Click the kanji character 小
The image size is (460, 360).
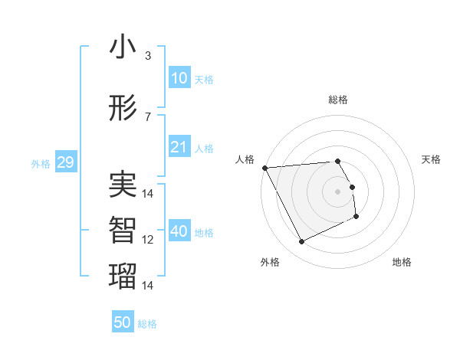pyautogui.click(x=122, y=47)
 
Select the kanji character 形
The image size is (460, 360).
pyautogui.click(x=122, y=108)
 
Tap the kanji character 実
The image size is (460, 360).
pyautogui.click(x=122, y=185)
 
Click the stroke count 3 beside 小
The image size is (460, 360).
pyautogui.click(x=148, y=56)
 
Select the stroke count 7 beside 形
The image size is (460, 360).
pyautogui.click(x=148, y=116)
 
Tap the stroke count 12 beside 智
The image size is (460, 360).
pyautogui.click(x=148, y=240)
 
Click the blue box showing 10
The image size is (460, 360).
pyautogui.click(x=179, y=78)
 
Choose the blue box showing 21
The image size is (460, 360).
pyautogui.click(x=179, y=147)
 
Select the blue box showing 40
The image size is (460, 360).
pyautogui.click(x=179, y=231)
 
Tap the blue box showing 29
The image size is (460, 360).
pyautogui.click(x=65, y=162)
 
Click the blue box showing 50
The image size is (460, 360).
pyautogui.click(x=123, y=322)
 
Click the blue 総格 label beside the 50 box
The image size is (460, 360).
pyautogui.click(x=147, y=324)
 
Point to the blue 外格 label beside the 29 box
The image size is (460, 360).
pyautogui.click(x=41, y=164)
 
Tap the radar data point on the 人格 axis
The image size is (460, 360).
pyautogui.click(x=264, y=168)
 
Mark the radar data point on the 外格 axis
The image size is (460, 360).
pyautogui.click(x=301, y=242)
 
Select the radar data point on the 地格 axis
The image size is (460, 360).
pyautogui.click(x=356, y=218)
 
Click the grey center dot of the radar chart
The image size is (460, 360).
pyautogui.click(x=338, y=191)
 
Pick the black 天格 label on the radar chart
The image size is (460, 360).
pyautogui.click(x=432, y=159)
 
